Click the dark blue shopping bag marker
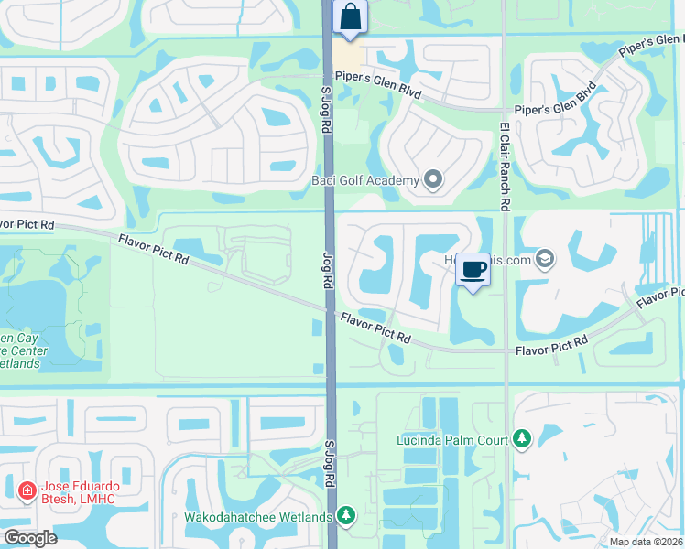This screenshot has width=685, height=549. (x=349, y=17)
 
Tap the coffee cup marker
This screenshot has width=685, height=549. (x=473, y=270)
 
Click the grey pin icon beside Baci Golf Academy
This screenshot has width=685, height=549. (x=433, y=180)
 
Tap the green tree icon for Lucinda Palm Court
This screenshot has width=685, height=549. (x=522, y=440)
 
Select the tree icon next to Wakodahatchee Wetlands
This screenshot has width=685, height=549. (x=345, y=517)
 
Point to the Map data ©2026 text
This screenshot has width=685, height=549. (x=646, y=542)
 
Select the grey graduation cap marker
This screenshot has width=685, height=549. (x=546, y=260)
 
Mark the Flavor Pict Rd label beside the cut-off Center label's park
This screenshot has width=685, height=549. (x=153, y=249)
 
